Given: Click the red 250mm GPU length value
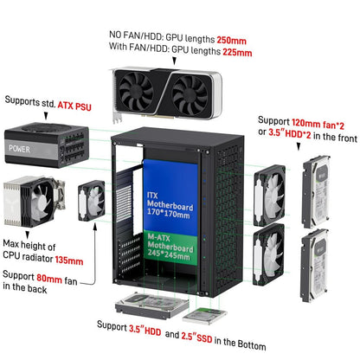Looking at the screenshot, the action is click(231, 41).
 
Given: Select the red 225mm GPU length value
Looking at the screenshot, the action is click(237, 52).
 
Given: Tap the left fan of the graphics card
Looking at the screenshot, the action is click(136, 91).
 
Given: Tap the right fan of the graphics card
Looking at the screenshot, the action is click(190, 96).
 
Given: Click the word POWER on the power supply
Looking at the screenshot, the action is click(19, 149).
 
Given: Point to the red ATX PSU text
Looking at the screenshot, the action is click(74, 106).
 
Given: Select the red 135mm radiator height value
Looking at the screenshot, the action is click(69, 260).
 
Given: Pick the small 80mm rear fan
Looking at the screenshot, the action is click(92, 201).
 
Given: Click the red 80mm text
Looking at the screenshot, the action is click(49, 279).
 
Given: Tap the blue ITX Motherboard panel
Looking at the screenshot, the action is click(170, 196).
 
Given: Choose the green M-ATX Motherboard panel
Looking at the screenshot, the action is click(170, 247).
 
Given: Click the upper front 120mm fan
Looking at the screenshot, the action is click(269, 196).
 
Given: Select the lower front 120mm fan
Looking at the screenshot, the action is click(268, 254).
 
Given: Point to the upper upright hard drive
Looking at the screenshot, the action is click(316, 191).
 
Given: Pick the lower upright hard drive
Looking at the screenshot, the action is click(314, 266).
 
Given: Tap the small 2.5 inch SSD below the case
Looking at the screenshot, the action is click(204, 316).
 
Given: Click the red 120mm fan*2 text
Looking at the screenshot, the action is click(318, 124).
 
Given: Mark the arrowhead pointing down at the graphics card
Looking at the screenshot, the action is click(174, 61).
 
